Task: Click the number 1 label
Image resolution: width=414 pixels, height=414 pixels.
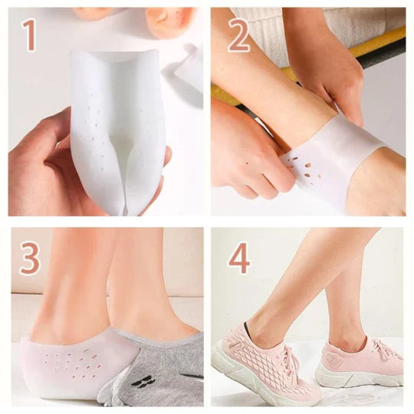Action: pyautogui.click(x=29, y=34)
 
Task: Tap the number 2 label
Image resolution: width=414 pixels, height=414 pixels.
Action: pyautogui.click(x=238, y=34)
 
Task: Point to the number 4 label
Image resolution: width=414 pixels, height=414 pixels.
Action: pyautogui.click(x=238, y=258)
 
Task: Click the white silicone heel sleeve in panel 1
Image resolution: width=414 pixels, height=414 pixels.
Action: pyautogui.click(x=117, y=130)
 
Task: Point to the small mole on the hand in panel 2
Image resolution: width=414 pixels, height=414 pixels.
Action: pyautogui.click(x=247, y=163)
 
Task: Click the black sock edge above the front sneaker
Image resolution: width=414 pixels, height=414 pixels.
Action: pyautogui.click(x=250, y=326)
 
